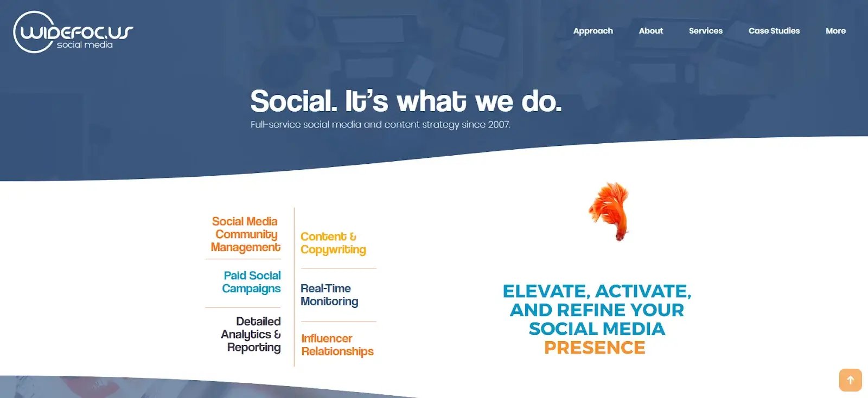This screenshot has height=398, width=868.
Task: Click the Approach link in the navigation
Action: point(593,31)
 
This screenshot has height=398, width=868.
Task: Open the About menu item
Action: point(651,31)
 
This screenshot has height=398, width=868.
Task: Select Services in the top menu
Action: point(705,31)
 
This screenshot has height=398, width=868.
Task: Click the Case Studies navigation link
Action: point(774,31)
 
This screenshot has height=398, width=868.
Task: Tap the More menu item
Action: point(835,31)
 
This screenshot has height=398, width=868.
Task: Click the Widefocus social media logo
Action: point(73,33)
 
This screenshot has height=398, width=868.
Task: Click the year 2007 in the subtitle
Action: point(499,125)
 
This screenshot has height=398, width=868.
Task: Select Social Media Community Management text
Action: point(245,234)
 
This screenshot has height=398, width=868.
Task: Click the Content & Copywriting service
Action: point(333,243)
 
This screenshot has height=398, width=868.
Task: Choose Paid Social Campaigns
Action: point(252,282)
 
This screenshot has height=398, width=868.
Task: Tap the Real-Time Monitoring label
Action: point(329,295)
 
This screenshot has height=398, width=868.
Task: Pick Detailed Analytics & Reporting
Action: point(251,334)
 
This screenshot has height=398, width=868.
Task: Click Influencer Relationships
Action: point(337,345)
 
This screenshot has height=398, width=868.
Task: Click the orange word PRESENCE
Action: point(595,348)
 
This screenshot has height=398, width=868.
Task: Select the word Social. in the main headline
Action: point(293,101)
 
